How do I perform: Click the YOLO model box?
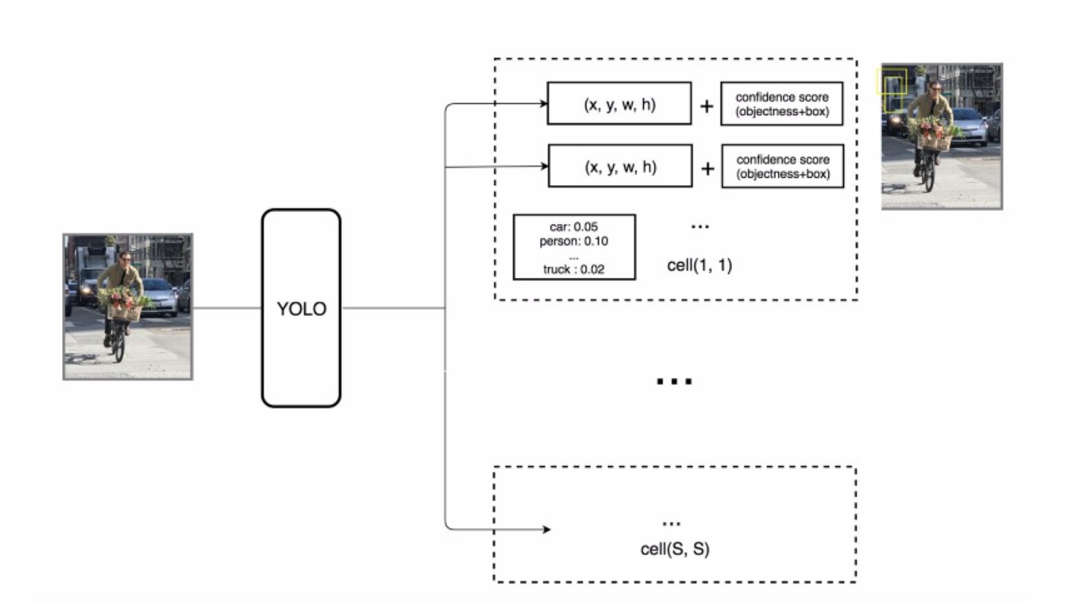[301, 308]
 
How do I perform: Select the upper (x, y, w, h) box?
[619, 104]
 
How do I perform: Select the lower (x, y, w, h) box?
[620, 166]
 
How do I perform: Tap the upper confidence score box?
[781, 104]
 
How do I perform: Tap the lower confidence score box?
[782, 166]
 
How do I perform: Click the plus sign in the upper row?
[706, 106]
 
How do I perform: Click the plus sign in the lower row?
[707, 169]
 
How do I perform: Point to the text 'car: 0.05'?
[574, 227]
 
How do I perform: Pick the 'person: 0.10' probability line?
[574, 241]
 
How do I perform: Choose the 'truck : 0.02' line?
[574, 270]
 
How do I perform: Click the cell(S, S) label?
[674, 550]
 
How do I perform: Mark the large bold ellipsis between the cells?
[674, 382]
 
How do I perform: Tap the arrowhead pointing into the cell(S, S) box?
[546, 530]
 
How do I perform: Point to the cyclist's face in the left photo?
[124, 259]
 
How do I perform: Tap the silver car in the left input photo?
[160, 296]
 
